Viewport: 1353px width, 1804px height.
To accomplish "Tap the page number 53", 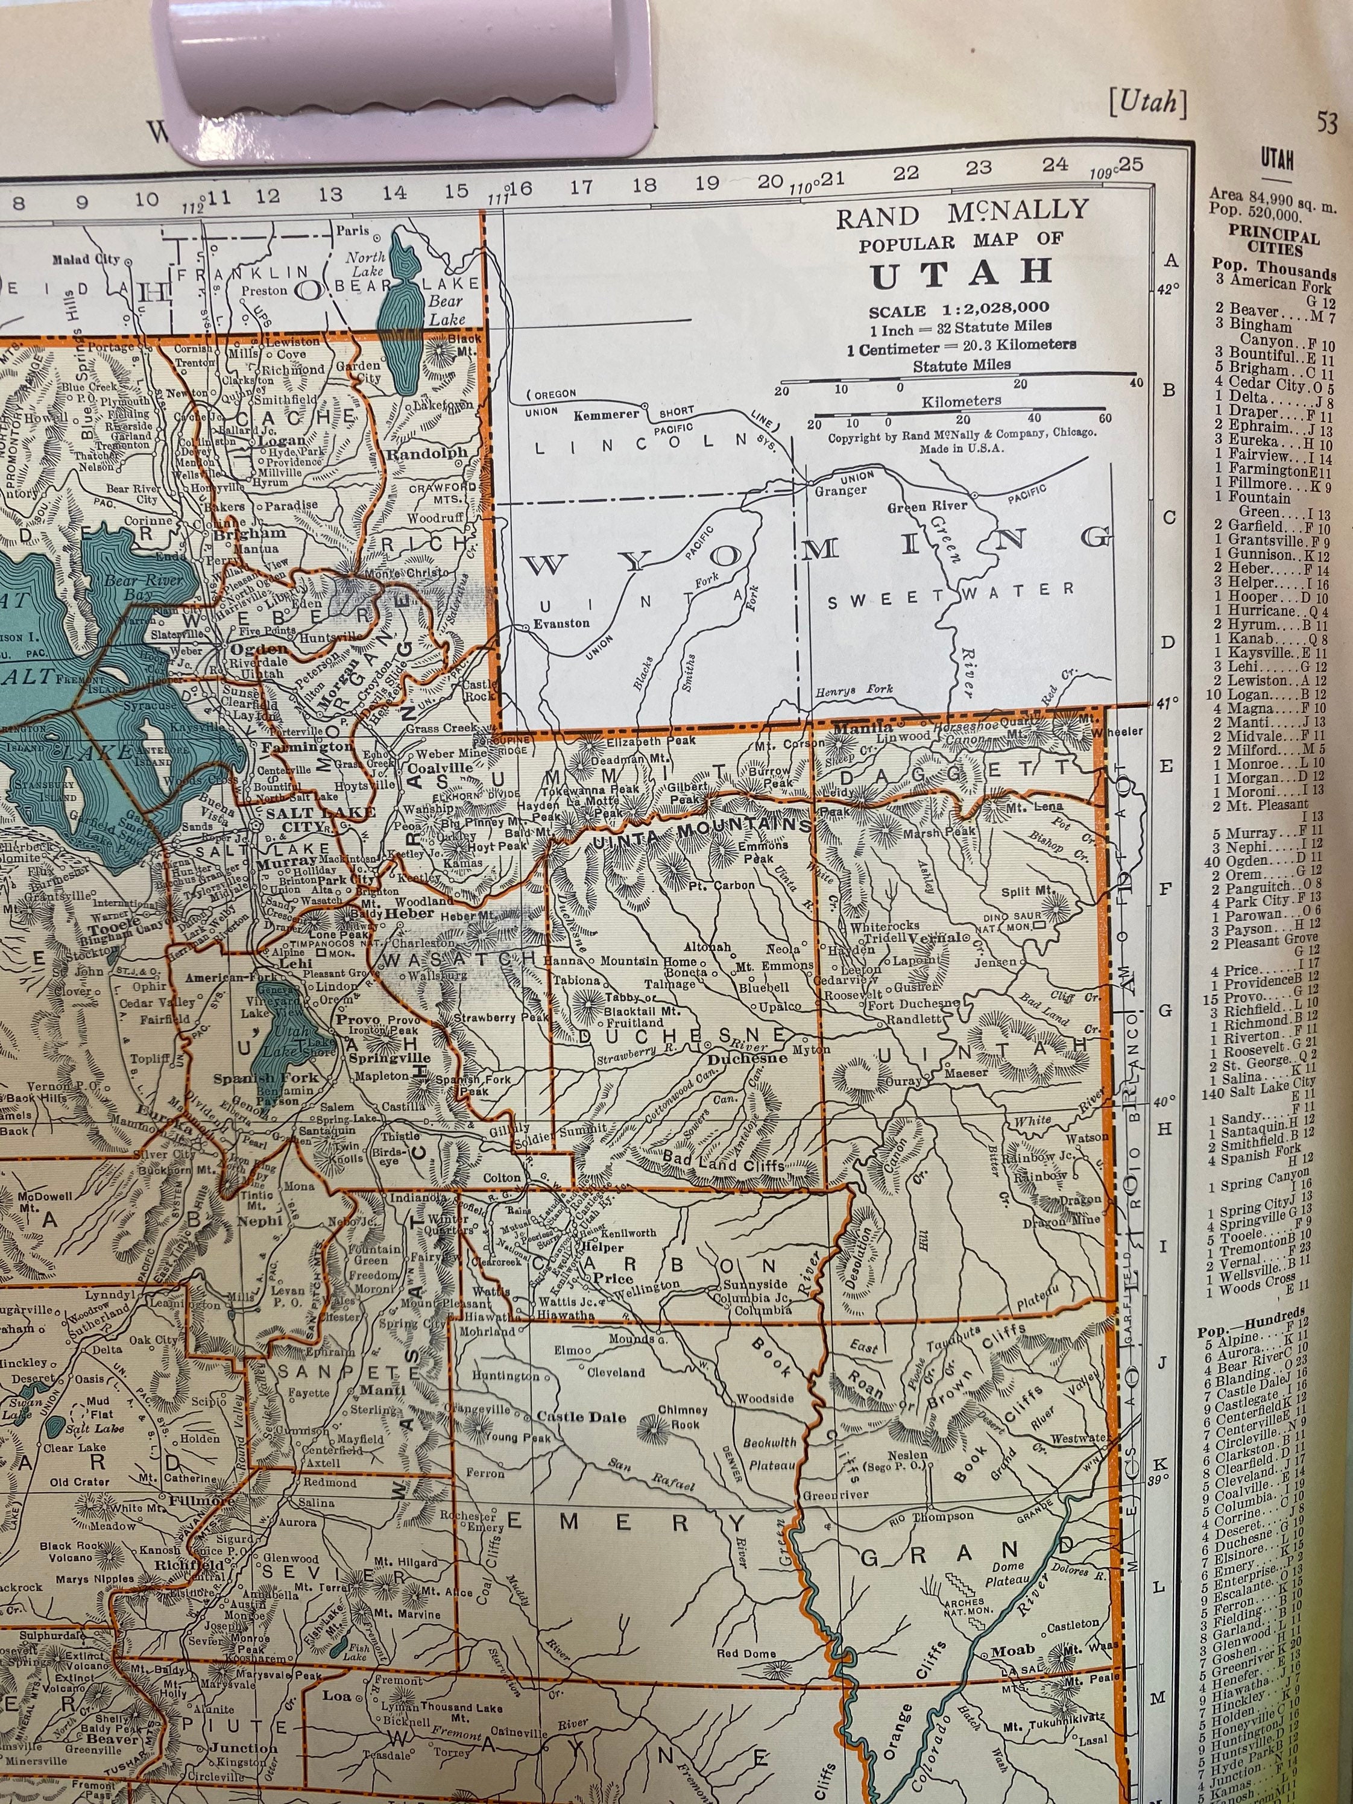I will [x=1328, y=122].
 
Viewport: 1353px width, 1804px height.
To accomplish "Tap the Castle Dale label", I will [x=581, y=1417].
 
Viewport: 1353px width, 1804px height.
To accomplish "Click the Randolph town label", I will [x=427, y=453].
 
